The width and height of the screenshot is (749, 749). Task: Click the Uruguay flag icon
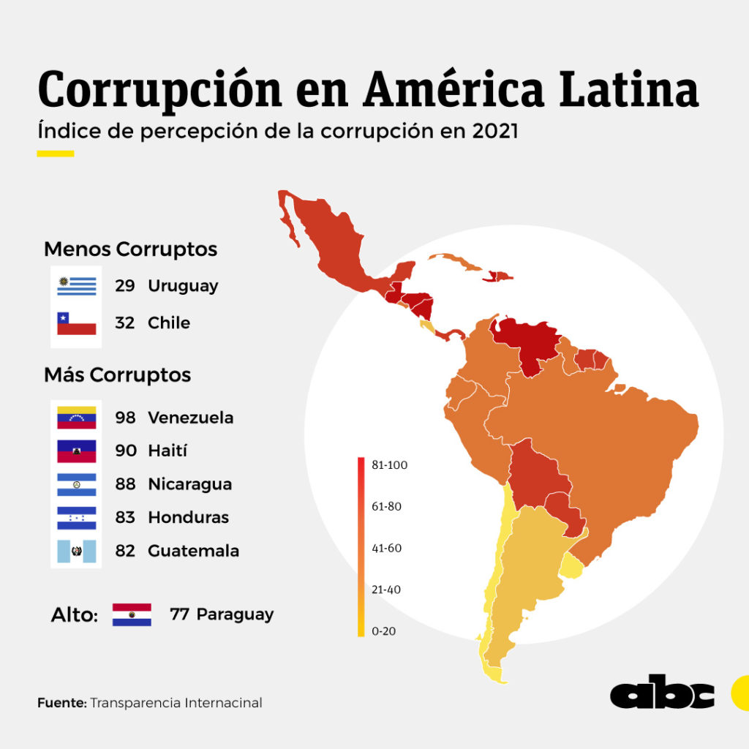[77, 285]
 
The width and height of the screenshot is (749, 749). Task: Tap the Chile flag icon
[77, 323]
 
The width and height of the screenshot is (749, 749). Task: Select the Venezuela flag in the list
[77, 418]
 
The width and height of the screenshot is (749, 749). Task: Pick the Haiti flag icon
[77, 451]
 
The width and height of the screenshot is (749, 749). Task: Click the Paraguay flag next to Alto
[132, 614]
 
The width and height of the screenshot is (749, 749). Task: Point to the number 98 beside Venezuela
[126, 418]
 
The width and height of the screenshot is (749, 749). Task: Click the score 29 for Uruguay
[125, 285]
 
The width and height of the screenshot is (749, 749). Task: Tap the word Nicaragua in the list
[189, 484]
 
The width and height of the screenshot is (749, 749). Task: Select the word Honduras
[188, 517]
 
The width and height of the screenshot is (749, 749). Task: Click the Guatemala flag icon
[77, 550]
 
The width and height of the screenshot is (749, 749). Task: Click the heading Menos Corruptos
[130, 249]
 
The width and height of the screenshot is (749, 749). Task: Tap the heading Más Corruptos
[117, 375]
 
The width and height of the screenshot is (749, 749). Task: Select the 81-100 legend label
[386, 464]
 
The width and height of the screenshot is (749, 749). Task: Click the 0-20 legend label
[383, 631]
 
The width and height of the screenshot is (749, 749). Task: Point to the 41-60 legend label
[386, 548]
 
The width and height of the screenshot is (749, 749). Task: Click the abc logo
[663, 694]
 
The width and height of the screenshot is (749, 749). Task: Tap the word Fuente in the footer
[61, 703]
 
